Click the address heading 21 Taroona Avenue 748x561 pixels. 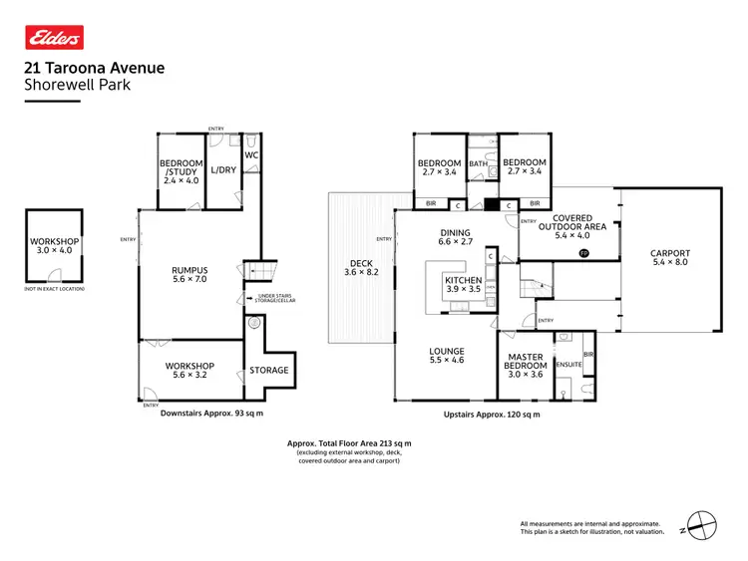coord(94,69)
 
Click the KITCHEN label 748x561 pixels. coord(463,282)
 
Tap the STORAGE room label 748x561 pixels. coord(269,370)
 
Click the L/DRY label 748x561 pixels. coord(222,170)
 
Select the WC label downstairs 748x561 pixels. coord(252,155)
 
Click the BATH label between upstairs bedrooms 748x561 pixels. coord(478,164)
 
